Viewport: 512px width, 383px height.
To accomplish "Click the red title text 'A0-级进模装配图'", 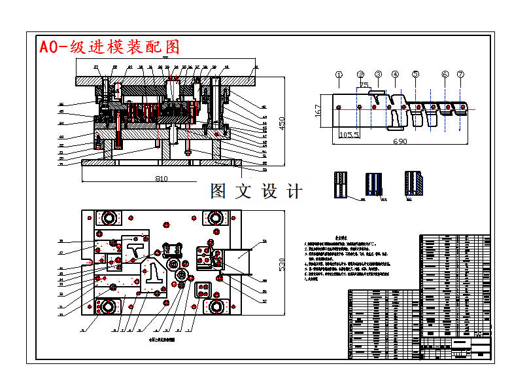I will pos(109,47).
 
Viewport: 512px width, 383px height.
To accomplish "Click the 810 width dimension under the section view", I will pos(161,178).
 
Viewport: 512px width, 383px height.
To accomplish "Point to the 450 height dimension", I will pos(282,122).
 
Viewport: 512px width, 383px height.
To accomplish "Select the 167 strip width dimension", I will pos(318,110).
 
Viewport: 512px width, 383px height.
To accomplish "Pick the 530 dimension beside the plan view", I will pos(282,264).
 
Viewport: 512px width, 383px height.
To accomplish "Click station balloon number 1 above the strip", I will pos(339,75).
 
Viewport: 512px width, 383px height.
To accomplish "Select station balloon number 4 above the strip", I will pos(395,75).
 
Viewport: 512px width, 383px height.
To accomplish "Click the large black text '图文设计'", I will pos(256,191).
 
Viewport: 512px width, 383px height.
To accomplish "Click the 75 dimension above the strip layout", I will pos(364,84).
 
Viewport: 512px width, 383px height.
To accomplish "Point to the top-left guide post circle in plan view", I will pos(105,217).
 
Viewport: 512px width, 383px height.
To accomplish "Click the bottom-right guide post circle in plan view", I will pos(215,306).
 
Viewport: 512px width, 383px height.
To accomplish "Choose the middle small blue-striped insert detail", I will pos(374,184).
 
